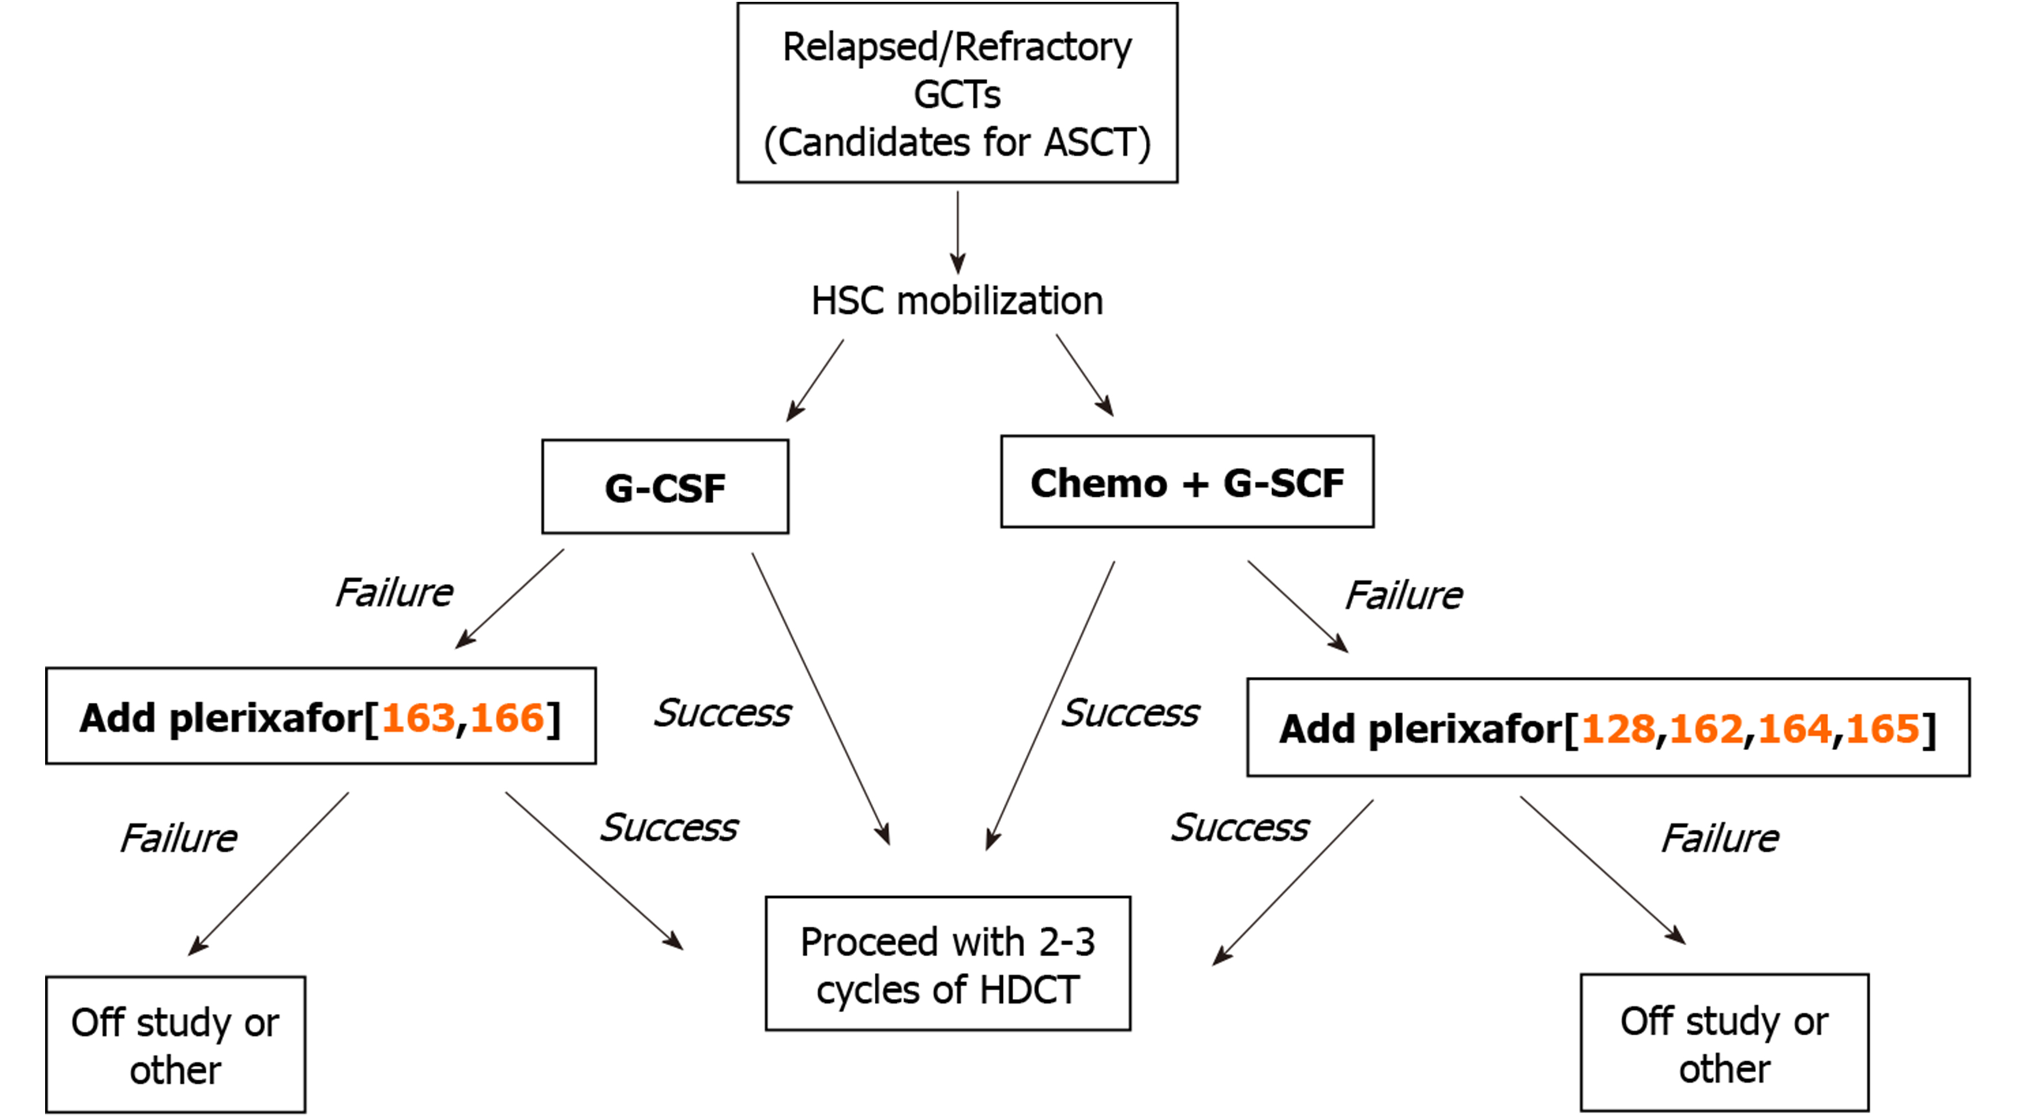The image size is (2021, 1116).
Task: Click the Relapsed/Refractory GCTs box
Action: point(956,93)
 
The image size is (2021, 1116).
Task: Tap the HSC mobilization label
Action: point(956,301)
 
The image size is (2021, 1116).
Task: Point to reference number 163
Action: point(417,718)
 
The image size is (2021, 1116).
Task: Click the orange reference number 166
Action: point(507,718)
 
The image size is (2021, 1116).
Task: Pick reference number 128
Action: point(1618,729)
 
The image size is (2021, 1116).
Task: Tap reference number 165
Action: point(1882,729)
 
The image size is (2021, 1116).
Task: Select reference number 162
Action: point(1706,729)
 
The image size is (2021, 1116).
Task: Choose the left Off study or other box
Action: point(175,1045)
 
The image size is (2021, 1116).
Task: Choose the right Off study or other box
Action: point(1724,1043)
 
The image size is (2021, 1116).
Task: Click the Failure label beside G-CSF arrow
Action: point(394,593)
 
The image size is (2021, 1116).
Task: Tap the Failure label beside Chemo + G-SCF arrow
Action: point(1404,596)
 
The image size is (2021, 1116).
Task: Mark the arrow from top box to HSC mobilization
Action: point(957,231)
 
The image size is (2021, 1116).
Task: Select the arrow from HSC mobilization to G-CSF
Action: point(816,380)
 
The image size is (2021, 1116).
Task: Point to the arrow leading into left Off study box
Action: point(269,873)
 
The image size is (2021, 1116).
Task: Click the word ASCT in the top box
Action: point(1089,143)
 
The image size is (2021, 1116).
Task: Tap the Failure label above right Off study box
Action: point(1719,838)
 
